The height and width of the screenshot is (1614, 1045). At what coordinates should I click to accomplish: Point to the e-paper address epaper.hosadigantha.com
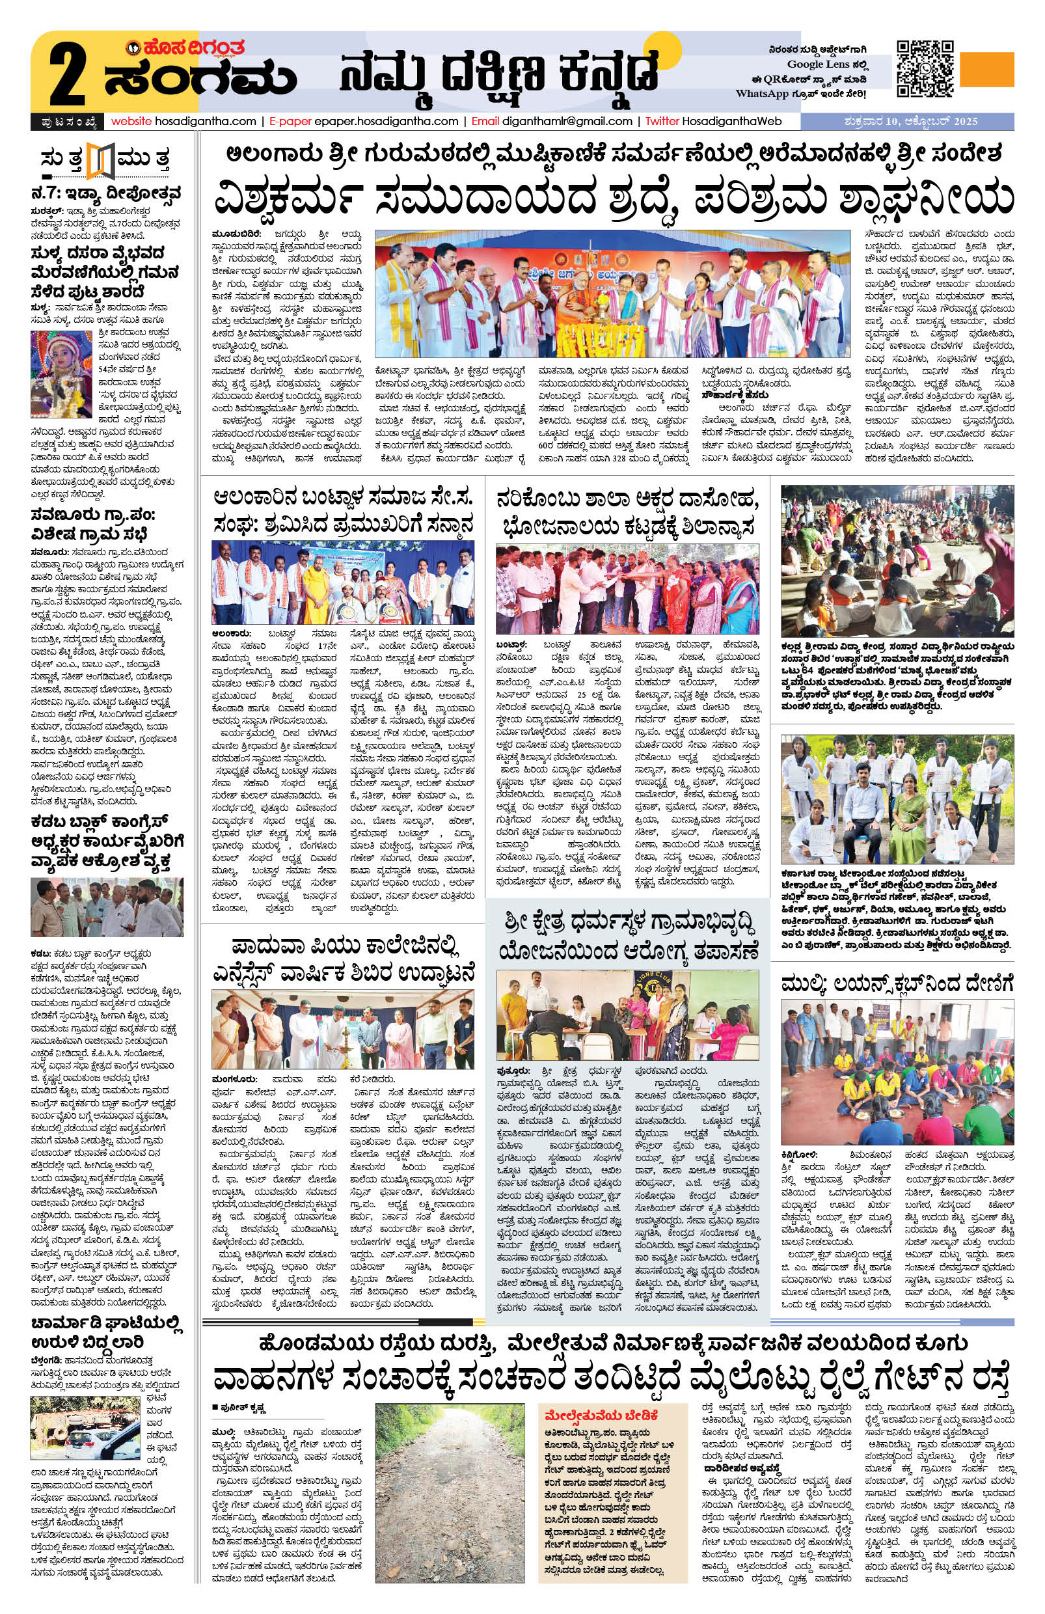[x=390, y=122]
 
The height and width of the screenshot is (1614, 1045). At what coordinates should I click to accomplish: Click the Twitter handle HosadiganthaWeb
[x=728, y=122]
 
